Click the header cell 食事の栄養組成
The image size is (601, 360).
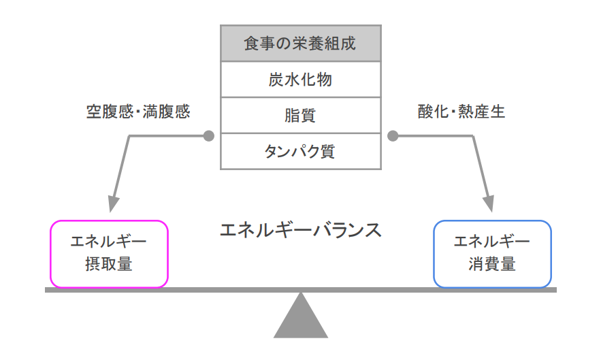(x=300, y=44)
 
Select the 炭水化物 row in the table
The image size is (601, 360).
(x=300, y=80)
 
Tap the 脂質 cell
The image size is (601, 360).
(x=300, y=115)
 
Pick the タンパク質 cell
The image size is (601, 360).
(x=300, y=151)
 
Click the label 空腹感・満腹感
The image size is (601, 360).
(x=138, y=112)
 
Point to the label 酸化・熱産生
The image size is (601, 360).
(x=461, y=112)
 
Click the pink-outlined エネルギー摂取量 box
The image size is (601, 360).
(x=109, y=253)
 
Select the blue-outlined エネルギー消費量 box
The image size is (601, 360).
(x=492, y=253)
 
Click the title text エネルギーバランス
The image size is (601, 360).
(x=300, y=230)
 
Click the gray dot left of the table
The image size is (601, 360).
(x=209, y=135)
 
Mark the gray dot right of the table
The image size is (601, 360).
(x=393, y=135)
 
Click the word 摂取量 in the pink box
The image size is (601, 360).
(x=109, y=264)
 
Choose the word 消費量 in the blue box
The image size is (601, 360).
(x=492, y=264)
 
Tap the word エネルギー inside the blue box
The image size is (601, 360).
(x=492, y=242)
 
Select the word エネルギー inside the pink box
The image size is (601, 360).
(x=109, y=242)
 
